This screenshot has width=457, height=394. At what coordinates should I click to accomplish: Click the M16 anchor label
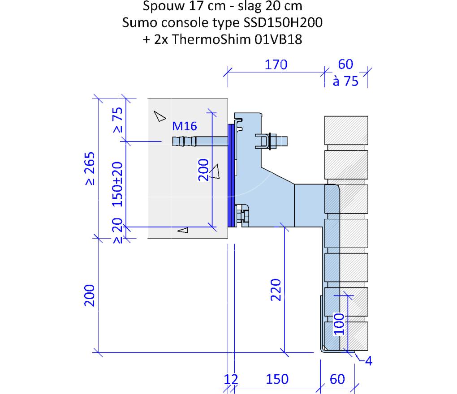pos(185,126)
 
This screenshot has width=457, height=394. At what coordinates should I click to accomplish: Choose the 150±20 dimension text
pos(118,184)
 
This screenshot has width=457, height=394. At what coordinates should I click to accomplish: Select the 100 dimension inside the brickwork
pos(339,323)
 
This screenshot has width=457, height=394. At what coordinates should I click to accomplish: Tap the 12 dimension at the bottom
pos(231,379)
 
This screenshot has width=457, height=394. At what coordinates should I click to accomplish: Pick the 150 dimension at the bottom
pos(277,379)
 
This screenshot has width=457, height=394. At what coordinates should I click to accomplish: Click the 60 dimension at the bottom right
pos(337,379)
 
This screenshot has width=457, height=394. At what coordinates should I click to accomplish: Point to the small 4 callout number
pos(368,361)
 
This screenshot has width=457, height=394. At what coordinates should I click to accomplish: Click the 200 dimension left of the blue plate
pos(203,171)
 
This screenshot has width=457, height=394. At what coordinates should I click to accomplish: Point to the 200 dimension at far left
pos(89,295)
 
